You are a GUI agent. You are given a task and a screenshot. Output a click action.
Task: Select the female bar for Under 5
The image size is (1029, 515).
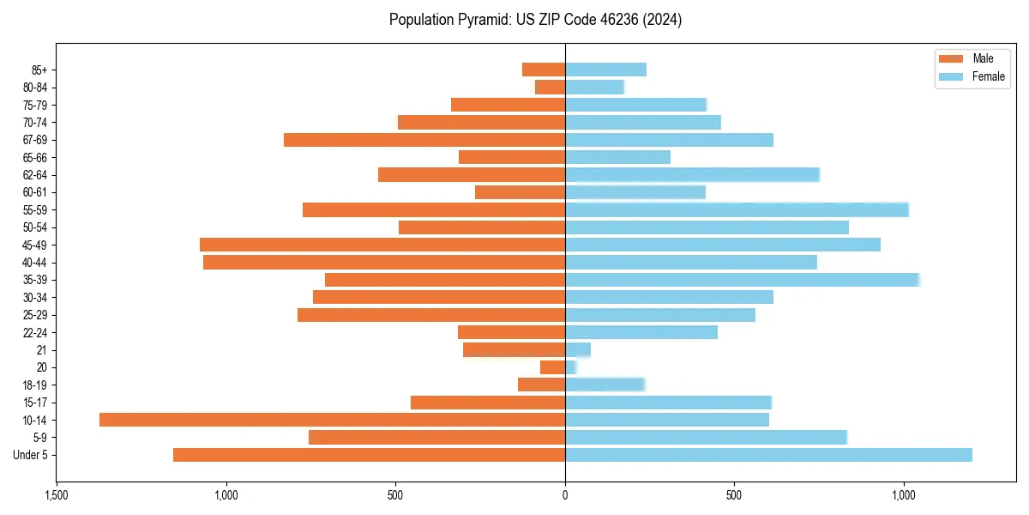click(768, 455)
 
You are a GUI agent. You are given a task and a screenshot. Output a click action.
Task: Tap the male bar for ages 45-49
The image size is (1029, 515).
click(382, 245)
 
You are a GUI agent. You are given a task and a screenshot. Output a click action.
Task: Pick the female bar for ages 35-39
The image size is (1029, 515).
click(742, 280)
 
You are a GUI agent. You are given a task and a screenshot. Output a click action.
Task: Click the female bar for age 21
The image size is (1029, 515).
click(578, 349)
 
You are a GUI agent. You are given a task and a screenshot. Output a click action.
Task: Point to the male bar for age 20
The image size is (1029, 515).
click(552, 367)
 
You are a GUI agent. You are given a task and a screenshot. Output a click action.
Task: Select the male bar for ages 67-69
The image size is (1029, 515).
click(424, 140)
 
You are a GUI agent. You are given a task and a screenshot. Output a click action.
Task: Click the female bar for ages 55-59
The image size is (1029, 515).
click(737, 209)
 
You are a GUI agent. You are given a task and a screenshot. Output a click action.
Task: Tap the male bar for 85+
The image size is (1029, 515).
click(544, 70)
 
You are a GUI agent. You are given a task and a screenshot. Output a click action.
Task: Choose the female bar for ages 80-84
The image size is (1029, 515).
click(594, 87)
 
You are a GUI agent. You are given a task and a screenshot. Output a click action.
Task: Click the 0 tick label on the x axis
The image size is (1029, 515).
click(565, 495)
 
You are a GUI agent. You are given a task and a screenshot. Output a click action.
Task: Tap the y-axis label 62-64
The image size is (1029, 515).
click(35, 175)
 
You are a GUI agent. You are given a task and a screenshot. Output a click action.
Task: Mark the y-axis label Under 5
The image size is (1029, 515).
click(31, 455)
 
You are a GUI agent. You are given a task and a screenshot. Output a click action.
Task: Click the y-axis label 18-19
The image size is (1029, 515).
click(35, 385)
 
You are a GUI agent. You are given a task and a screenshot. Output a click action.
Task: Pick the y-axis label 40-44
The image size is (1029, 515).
click(35, 263)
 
